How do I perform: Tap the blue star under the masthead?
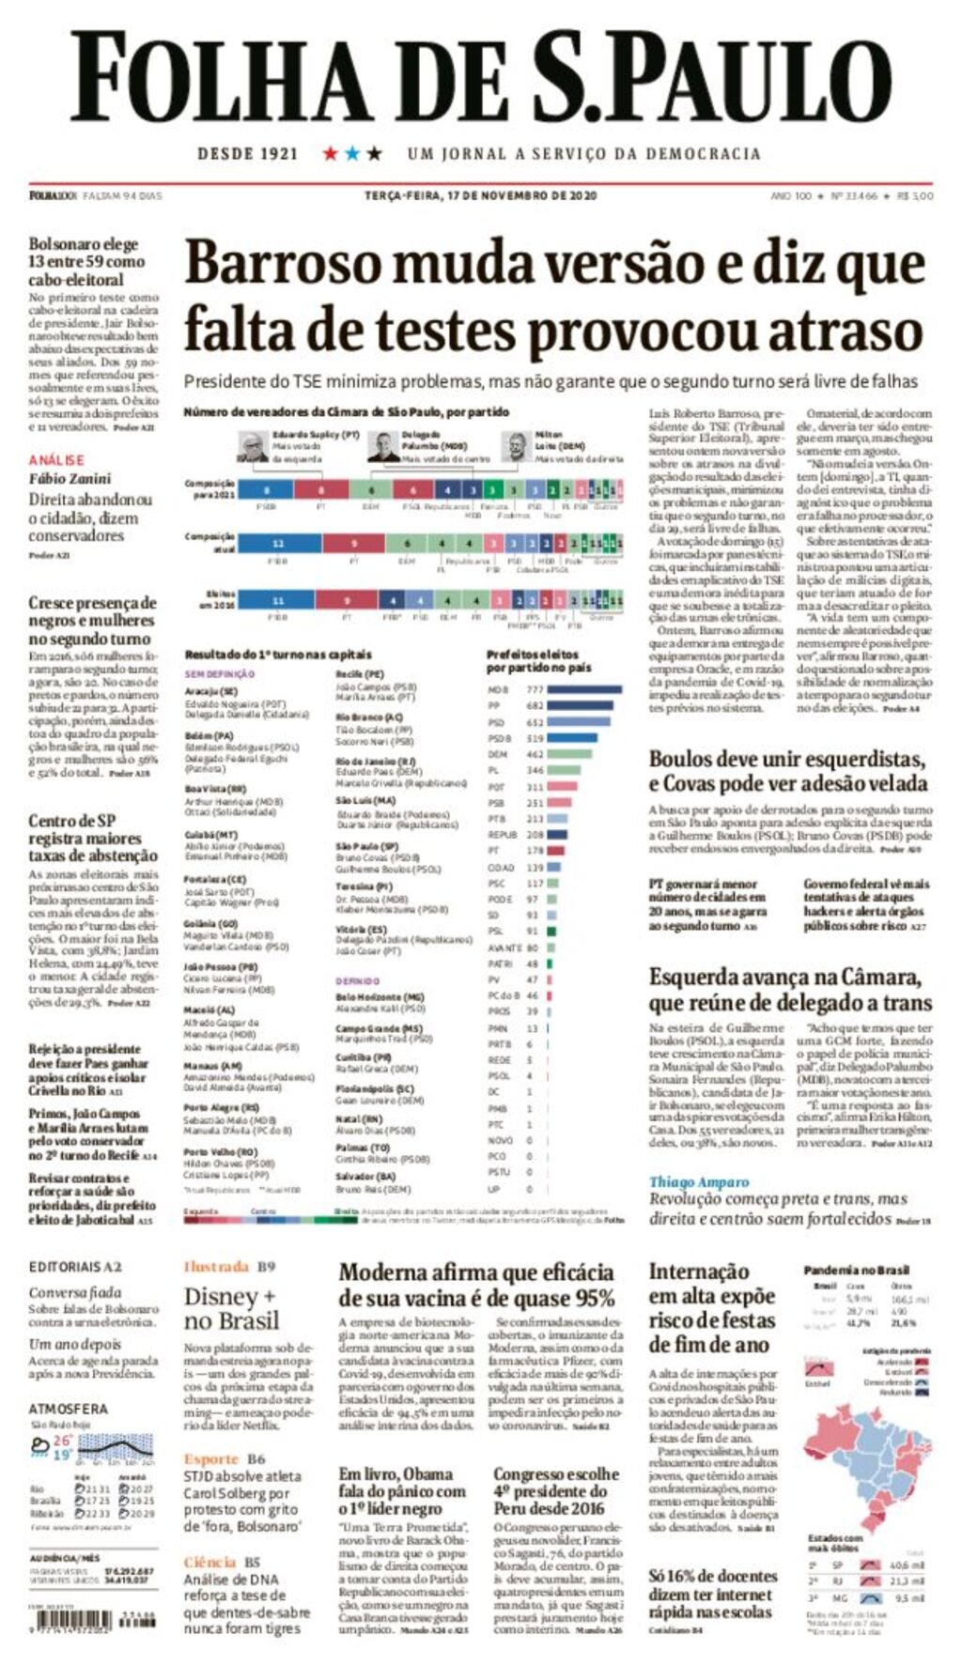(x=352, y=153)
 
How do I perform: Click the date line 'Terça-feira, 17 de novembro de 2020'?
(x=480, y=195)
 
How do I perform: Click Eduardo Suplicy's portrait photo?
(x=252, y=445)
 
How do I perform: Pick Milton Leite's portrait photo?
(x=517, y=445)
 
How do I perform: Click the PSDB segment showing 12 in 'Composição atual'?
(x=277, y=543)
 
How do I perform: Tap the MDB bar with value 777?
(x=583, y=689)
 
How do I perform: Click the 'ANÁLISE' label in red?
(x=56, y=460)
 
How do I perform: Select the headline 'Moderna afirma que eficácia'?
(x=476, y=1272)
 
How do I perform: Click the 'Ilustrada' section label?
(x=216, y=1267)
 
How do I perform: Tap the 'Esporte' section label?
(x=211, y=1458)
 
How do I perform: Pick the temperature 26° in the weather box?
(x=62, y=1440)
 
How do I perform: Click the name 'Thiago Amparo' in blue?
(x=699, y=1181)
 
